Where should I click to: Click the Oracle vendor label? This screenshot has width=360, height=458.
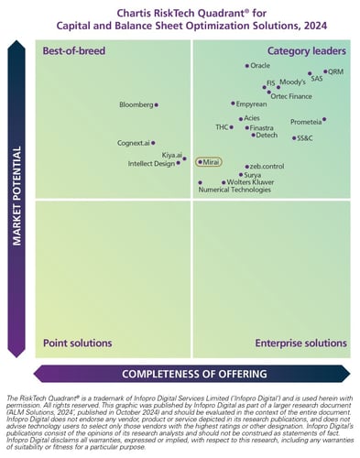tap(260, 66)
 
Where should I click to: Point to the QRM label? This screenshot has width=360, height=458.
tap(336, 71)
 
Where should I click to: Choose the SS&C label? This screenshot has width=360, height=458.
tap(304, 138)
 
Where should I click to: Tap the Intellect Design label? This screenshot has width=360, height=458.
tap(151, 164)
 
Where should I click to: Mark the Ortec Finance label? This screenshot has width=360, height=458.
tap(290, 96)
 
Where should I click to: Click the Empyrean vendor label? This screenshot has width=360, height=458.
tap(252, 104)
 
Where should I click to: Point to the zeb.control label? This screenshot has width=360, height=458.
tap(267, 166)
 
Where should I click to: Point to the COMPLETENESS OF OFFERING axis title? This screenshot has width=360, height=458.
tap(194, 374)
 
